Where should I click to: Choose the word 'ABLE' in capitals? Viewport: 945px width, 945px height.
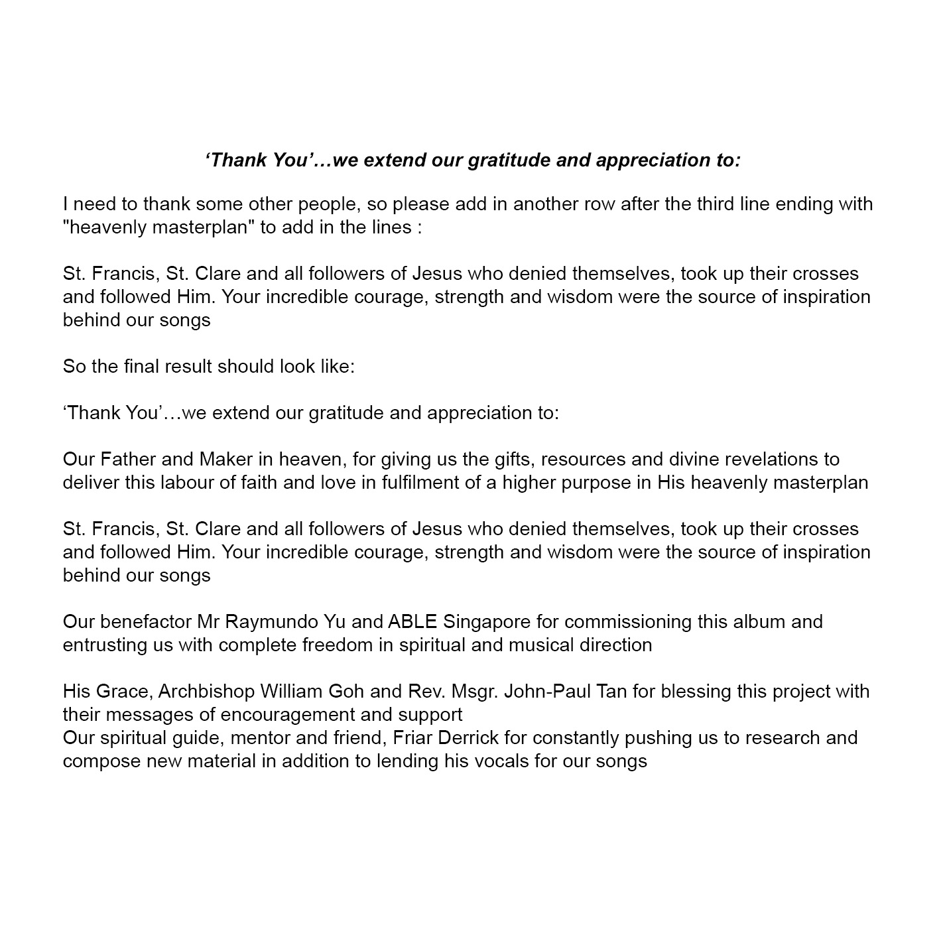point(412,621)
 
